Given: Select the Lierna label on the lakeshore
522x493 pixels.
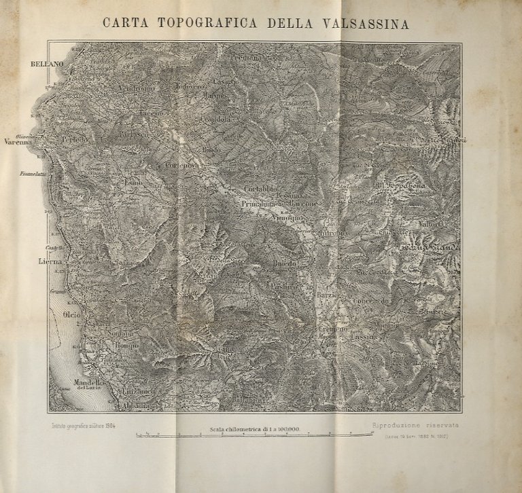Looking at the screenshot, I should [x=49, y=260].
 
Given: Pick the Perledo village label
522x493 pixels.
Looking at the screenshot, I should [x=75, y=139].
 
